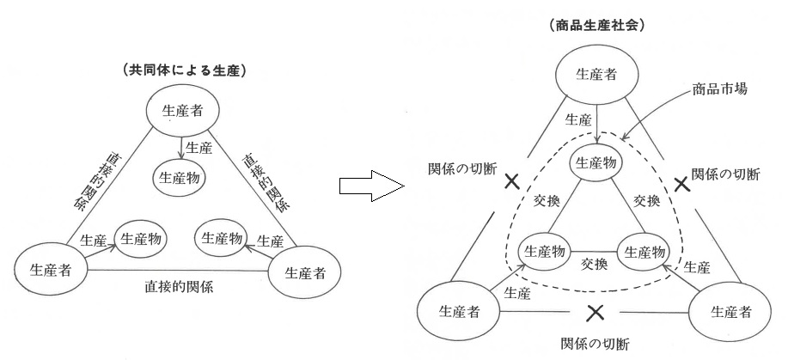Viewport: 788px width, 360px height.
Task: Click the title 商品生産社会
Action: (596, 26)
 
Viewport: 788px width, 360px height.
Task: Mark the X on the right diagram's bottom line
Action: (595, 310)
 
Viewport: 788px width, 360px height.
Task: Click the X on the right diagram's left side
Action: (512, 181)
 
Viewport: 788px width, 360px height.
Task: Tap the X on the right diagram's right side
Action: (682, 183)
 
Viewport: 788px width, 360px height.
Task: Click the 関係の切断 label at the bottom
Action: (594, 345)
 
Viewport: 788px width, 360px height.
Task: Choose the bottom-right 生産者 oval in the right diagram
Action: (729, 309)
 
